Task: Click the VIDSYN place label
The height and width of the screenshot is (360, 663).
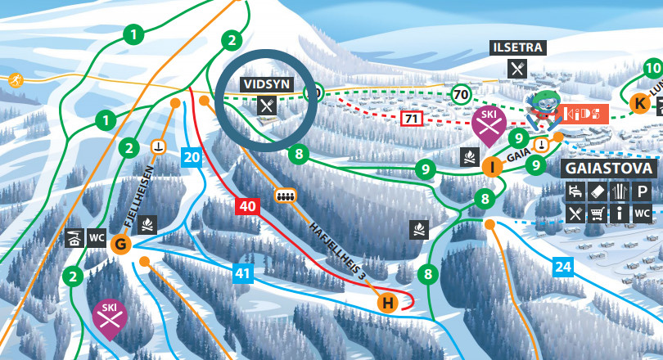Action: (266, 83)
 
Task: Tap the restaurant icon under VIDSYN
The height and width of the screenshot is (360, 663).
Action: (267, 105)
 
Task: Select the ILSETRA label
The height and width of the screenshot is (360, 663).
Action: (517, 47)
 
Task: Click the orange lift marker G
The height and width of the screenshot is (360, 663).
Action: (121, 244)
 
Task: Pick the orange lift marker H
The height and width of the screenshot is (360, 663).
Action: (388, 303)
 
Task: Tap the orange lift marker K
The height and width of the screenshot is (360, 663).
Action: (640, 103)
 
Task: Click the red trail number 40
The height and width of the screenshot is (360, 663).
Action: (248, 206)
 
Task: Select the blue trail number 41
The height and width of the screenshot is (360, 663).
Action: (242, 274)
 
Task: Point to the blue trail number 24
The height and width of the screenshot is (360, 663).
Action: (562, 266)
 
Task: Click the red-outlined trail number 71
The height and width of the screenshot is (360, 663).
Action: (412, 119)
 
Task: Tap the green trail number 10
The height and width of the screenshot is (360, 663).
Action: (652, 68)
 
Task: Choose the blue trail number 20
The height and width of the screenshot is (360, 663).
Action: (192, 157)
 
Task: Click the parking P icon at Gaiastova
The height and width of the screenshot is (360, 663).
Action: (643, 192)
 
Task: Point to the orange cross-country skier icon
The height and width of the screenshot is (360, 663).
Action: (14, 79)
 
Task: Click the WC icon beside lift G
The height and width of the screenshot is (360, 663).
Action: (97, 238)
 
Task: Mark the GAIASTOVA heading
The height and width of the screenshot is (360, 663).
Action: (609, 169)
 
